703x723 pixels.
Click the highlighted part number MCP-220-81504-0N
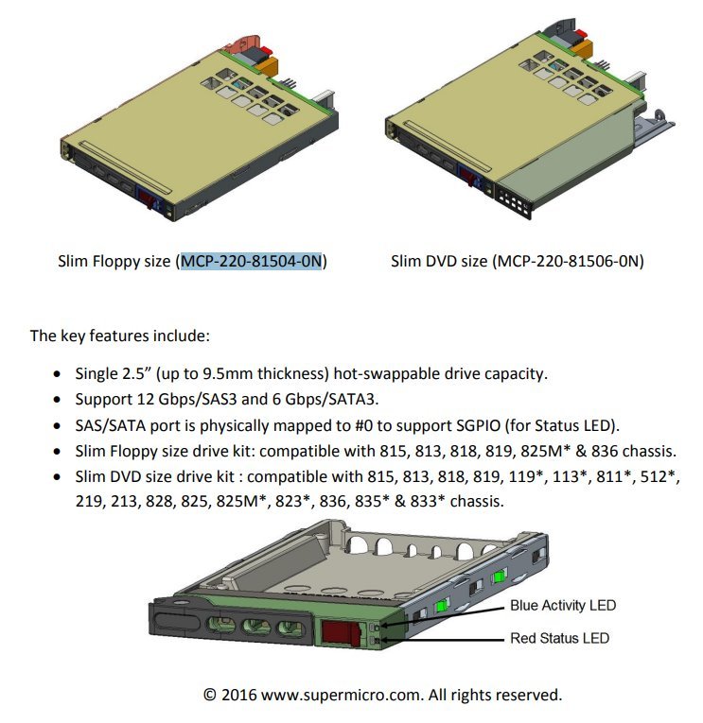[251, 262]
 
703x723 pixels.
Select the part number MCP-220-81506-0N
[569, 262]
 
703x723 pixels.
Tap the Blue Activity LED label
[563, 605]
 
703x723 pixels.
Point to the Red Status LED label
[559, 638]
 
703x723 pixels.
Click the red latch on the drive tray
[342, 631]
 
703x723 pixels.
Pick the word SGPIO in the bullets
[478, 425]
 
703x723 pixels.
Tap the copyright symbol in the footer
[209, 695]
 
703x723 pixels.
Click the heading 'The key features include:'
[120, 336]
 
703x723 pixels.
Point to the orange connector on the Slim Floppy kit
[267, 66]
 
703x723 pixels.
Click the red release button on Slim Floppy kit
[148, 198]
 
